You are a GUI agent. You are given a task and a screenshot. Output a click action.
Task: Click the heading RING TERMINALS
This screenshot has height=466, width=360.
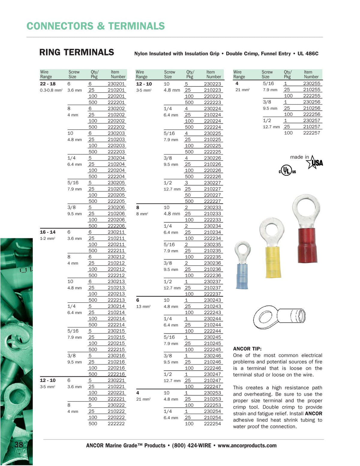76,53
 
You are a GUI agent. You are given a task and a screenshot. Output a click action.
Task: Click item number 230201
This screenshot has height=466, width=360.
116,84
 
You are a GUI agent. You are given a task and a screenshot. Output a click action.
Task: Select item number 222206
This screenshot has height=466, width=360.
116,226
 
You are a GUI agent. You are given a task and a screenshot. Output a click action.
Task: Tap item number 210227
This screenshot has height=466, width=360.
212,189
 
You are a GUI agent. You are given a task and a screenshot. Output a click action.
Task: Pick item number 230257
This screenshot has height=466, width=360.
312,121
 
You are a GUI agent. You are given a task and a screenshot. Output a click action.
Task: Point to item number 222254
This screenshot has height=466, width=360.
212,424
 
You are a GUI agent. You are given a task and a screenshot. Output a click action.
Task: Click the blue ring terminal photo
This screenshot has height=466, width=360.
242,266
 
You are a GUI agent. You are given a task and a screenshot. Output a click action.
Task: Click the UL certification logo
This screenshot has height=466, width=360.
287,170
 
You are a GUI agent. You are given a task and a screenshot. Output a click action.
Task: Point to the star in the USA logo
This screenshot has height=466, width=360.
312,162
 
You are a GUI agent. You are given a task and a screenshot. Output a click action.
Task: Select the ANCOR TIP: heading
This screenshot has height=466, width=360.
247,349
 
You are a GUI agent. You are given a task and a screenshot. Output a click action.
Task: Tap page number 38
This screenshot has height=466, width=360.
19,444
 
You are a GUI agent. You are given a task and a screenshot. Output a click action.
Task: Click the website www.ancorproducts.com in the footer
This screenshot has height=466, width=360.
247,446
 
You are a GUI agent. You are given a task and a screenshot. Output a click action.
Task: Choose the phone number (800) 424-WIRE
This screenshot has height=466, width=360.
191,446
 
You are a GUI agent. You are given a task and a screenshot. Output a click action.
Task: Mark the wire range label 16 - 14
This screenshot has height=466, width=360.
48,232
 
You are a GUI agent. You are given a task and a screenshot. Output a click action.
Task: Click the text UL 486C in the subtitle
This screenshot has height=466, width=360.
308,54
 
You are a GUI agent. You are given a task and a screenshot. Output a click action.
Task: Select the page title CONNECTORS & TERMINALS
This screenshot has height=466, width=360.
96,26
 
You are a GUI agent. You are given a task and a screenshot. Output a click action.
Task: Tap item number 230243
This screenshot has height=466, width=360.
212,300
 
